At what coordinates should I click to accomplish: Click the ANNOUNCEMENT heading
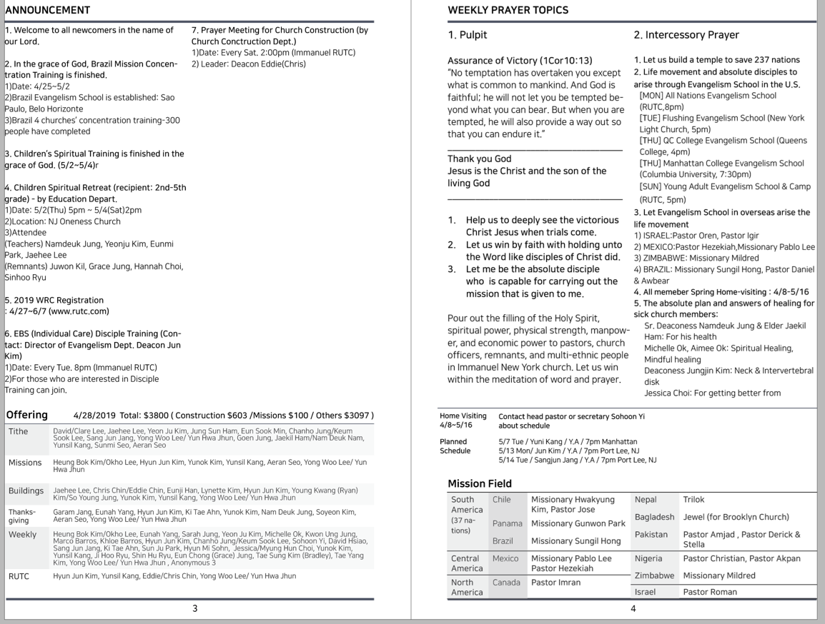tap(48, 10)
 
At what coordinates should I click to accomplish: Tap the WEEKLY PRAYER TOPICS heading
tap(508, 10)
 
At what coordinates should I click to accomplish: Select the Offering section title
tap(27, 415)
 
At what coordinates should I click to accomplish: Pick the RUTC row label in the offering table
tap(20, 575)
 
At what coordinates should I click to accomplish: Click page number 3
tap(195, 608)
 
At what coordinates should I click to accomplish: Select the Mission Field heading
tap(480, 483)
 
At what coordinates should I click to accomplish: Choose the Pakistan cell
tap(650, 534)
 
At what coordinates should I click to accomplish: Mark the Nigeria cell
tap(649, 558)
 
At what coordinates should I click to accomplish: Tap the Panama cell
tap(507, 524)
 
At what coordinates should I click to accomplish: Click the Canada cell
tap(506, 583)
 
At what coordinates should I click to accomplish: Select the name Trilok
tap(694, 500)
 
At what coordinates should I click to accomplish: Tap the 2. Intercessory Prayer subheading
tap(686, 35)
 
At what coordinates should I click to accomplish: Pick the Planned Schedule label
tap(455, 446)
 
